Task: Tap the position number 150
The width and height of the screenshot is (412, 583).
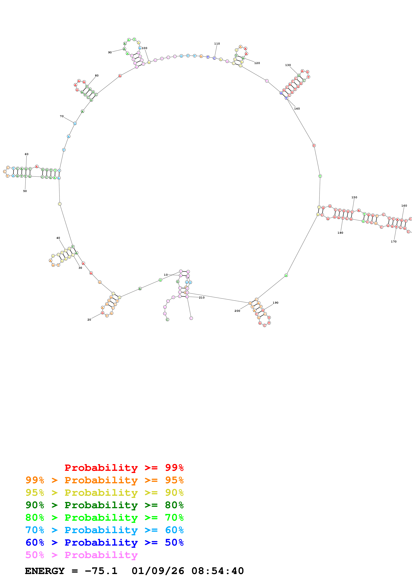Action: (x=354, y=197)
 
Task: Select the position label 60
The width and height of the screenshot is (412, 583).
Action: (x=27, y=154)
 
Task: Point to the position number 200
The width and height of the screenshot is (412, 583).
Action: (x=237, y=311)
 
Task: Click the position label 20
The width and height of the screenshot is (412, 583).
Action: (x=89, y=320)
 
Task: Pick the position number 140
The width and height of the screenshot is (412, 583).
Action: (x=297, y=109)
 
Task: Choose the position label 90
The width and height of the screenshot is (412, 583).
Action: (x=110, y=53)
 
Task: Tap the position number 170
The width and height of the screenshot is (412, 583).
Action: (x=393, y=241)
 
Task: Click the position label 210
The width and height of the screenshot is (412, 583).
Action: (x=202, y=298)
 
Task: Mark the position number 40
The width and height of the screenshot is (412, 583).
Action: (x=58, y=238)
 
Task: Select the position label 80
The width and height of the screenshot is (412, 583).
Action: (x=97, y=76)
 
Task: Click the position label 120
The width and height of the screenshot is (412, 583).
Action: (x=257, y=63)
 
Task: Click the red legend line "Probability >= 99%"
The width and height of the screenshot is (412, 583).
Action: (x=124, y=467)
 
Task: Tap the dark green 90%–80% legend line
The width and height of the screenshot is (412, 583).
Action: (x=104, y=505)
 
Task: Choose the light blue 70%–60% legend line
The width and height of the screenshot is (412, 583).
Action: (x=104, y=530)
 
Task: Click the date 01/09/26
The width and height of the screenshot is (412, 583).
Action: (x=158, y=571)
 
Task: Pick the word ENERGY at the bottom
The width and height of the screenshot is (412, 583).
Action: (x=45, y=571)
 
